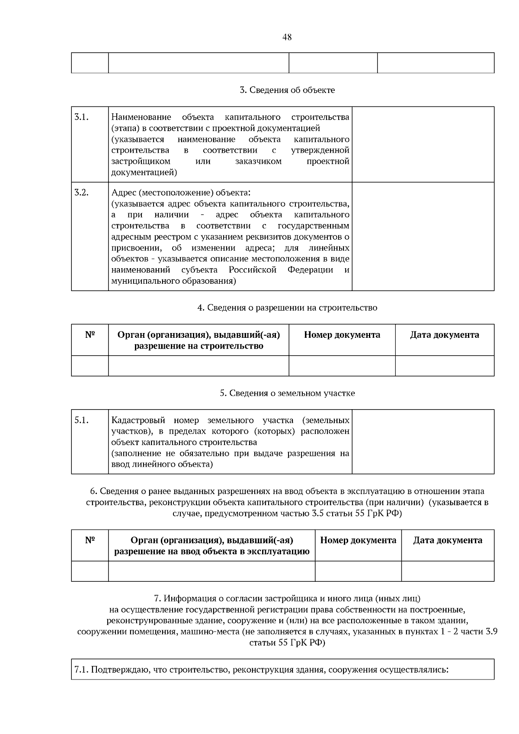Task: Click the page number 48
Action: tap(287, 37)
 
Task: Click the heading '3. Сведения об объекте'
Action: tap(287, 90)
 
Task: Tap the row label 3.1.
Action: tap(81, 117)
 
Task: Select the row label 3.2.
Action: tap(81, 193)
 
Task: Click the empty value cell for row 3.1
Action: tap(423, 144)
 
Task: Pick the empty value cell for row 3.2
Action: tap(423, 236)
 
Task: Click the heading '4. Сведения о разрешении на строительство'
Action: tap(287, 308)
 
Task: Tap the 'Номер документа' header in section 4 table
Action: tap(342, 335)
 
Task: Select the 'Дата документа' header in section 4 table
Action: tap(444, 335)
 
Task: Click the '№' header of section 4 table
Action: tap(90, 335)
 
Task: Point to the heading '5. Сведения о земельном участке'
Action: tap(287, 393)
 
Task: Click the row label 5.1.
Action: tap(81, 420)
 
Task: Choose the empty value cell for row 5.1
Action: tap(423, 442)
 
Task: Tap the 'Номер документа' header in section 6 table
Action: tap(358, 540)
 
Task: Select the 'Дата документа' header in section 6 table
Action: tap(447, 540)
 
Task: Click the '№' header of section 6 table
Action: tap(90, 540)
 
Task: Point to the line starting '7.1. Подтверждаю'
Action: tap(261, 670)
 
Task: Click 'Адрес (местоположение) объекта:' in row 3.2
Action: tap(181, 192)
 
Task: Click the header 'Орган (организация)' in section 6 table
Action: tap(211, 540)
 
